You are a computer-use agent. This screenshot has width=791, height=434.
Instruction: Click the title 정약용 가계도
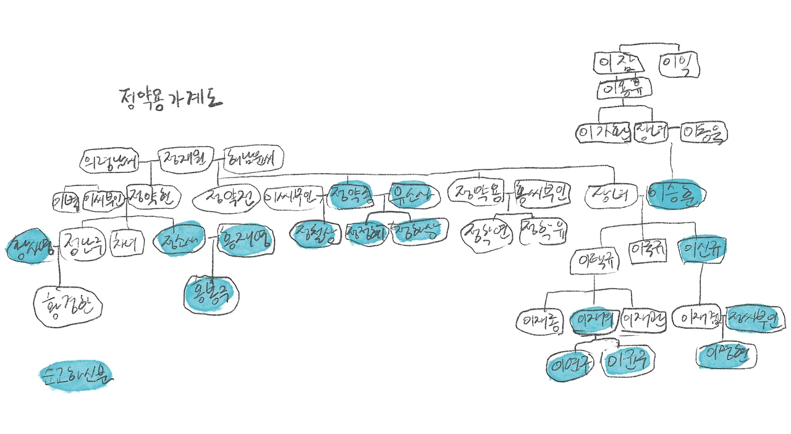pyautogui.click(x=168, y=99)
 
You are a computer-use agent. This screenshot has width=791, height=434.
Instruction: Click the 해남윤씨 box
pyautogui.click(x=252, y=158)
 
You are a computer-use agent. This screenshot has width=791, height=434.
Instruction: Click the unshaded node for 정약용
pyautogui.click(x=479, y=193)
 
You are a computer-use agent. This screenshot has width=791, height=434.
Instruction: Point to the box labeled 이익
pyautogui.click(x=679, y=65)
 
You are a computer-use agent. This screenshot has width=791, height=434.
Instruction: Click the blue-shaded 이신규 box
pyautogui.click(x=701, y=250)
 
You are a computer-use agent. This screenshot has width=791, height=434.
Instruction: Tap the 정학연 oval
pyautogui.click(x=488, y=235)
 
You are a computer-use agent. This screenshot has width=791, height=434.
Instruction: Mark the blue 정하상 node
pyautogui.click(x=415, y=232)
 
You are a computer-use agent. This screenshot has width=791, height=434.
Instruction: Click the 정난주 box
pyautogui.click(x=83, y=243)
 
